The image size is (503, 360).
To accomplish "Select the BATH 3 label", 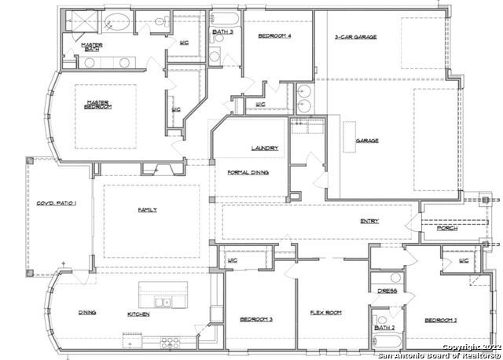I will (222, 32).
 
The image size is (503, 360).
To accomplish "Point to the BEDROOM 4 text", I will (277, 35).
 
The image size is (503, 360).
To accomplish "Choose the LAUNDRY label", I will (262, 148).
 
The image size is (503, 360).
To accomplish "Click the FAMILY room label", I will (148, 210).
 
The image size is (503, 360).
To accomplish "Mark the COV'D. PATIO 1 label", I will (57, 204).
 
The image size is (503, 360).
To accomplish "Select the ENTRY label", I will (369, 222).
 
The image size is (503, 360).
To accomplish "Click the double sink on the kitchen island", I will (163, 302).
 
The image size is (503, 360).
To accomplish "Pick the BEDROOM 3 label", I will (256, 318).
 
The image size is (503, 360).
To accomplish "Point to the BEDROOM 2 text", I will (441, 320).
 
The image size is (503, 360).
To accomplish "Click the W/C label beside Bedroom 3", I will (233, 259).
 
